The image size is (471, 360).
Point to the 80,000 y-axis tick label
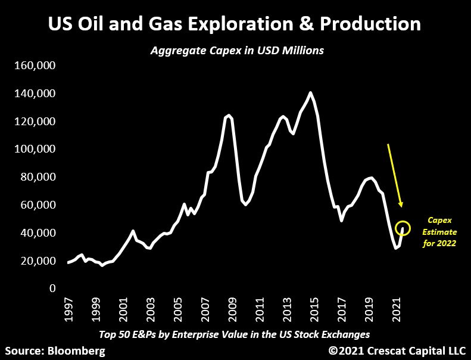click(37, 177)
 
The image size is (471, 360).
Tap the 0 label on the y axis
click(53, 288)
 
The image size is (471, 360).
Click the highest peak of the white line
click(310, 92)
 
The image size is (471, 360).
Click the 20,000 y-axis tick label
click(37, 261)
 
